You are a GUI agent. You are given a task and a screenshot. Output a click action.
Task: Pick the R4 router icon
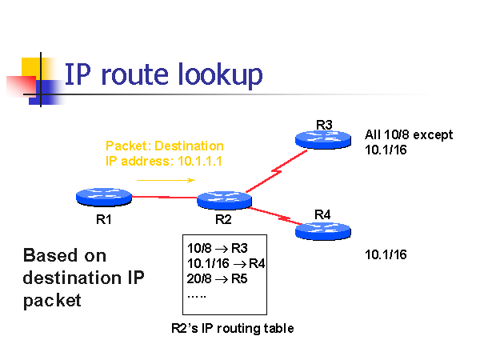(324, 230)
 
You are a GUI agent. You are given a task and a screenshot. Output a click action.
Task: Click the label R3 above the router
(324, 124)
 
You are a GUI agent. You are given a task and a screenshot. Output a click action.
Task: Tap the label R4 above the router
(323, 214)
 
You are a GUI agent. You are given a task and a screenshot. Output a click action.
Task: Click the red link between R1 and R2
(163, 197)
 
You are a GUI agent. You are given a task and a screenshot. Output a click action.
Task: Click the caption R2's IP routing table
(233, 328)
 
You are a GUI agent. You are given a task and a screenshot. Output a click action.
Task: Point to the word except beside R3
(432, 134)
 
